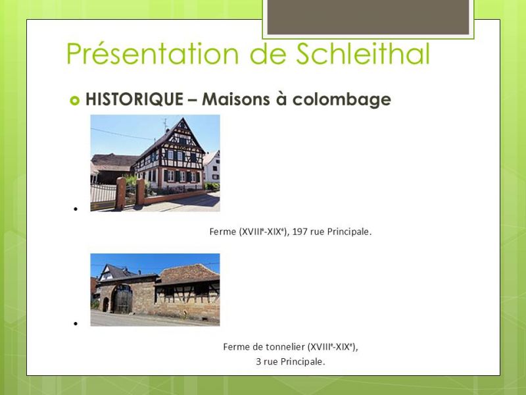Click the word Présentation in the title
(153, 53)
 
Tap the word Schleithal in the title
(363, 53)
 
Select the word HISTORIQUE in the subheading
(134, 99)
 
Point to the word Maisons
(236, 99)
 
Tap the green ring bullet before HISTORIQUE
(74, 100)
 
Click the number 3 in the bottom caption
(258, 361)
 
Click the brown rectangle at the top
(368, 17)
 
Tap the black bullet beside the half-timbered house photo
(76, 209)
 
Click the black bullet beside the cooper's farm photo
(76, 324)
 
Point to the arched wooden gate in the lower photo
(122, 299)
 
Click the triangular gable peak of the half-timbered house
(183, 125)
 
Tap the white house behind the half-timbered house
(212, 167)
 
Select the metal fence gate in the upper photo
(103, 197)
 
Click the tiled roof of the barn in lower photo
(189, 274)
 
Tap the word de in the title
(267, 53)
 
